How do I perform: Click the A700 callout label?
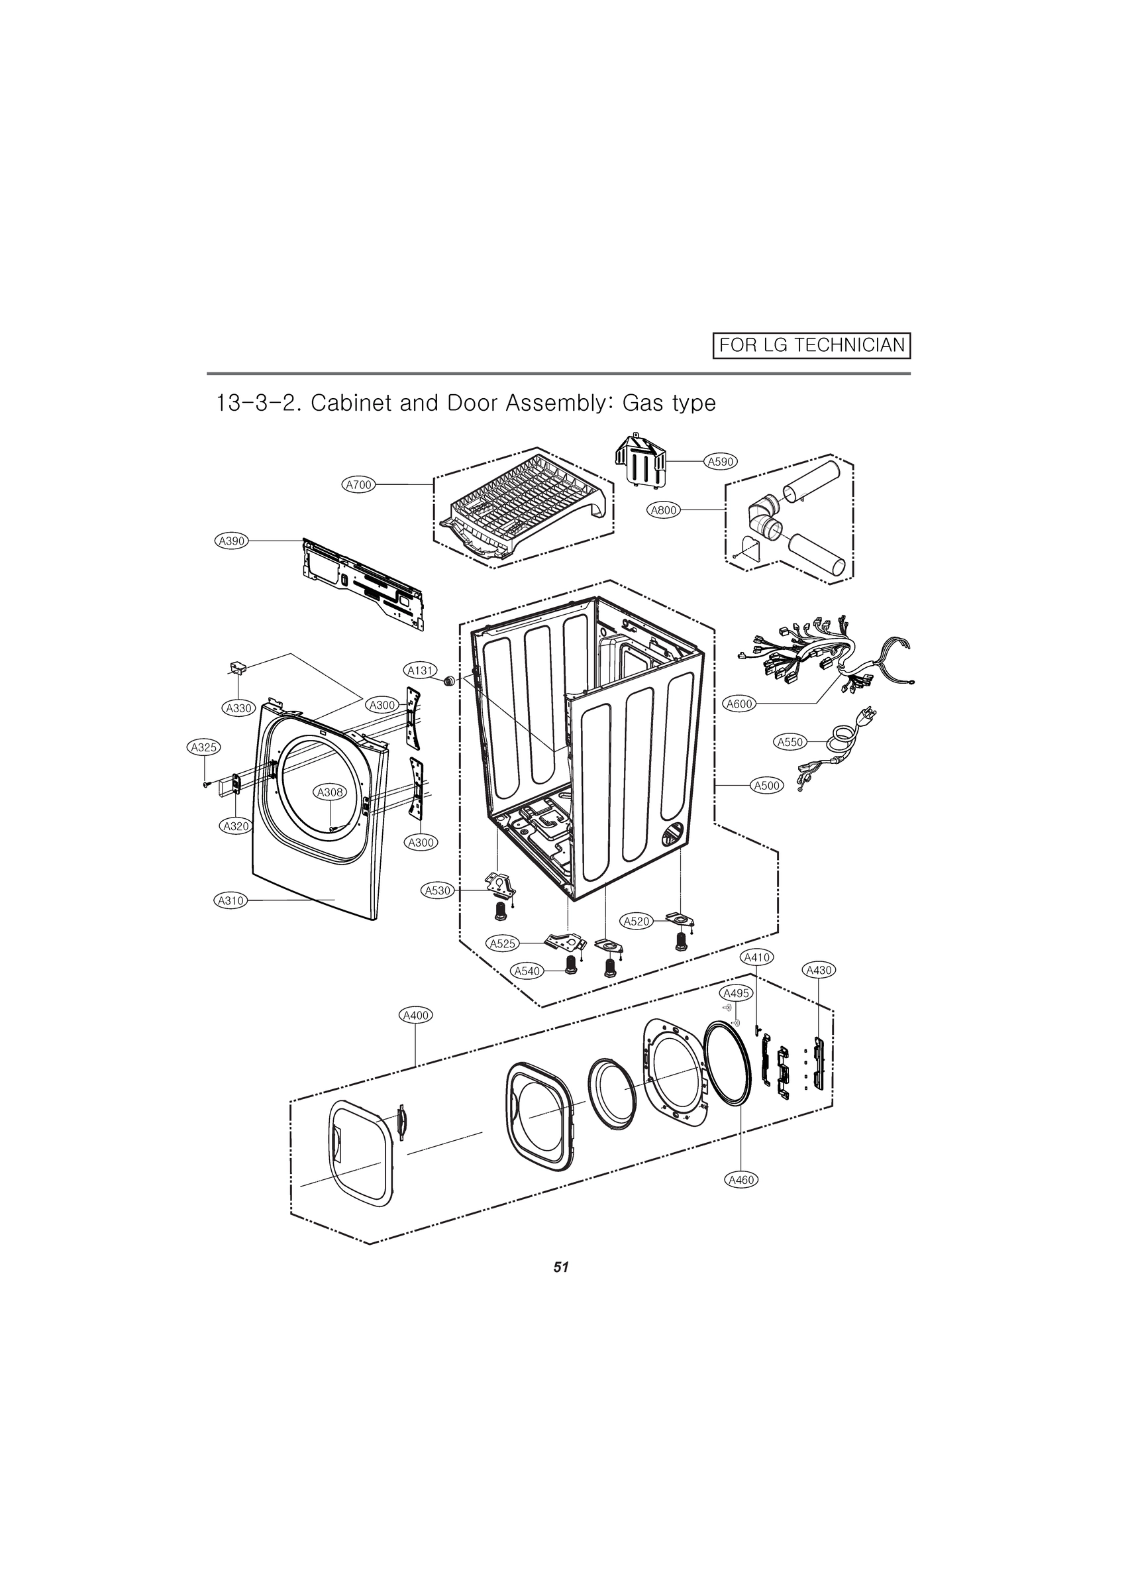tap(360, 485)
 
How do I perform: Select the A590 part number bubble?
tap(720, 461)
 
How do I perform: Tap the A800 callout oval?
tap(664, 510)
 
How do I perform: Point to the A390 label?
tap(231, 541)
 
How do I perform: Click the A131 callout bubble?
tap(421, 670)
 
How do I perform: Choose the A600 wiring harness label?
tap(739, 704)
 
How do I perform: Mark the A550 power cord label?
tap(790, 743)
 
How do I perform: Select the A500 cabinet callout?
tap(768, 785)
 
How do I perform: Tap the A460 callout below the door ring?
tap(741, 1180)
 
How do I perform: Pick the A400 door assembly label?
tap(415, 1015)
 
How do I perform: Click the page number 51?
tap(561, 1267)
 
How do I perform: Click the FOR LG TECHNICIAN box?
tap(811, 345)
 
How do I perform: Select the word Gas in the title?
tap(642, 402)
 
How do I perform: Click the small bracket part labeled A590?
tap(640, 460)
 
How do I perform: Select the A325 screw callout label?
tap(204, 747)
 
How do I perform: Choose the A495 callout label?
tap(735, 993)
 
